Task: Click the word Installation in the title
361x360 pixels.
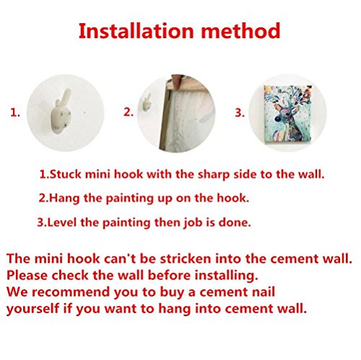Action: (136, 31)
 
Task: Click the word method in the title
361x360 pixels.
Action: (240, 31)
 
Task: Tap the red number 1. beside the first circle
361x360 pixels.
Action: (15, 113)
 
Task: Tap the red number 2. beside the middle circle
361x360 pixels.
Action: (129, 112)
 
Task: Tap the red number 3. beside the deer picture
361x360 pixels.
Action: (240, 113)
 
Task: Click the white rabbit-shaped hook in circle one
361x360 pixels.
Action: (61, 112)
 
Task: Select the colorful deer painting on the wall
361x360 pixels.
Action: (288, 115)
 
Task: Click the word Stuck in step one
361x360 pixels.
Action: (66, 175)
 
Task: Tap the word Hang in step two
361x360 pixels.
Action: (65, 199)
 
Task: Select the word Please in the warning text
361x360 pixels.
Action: (27, 276)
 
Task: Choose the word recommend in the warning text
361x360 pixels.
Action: (71, 292)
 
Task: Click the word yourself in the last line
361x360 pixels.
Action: (32, 309)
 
